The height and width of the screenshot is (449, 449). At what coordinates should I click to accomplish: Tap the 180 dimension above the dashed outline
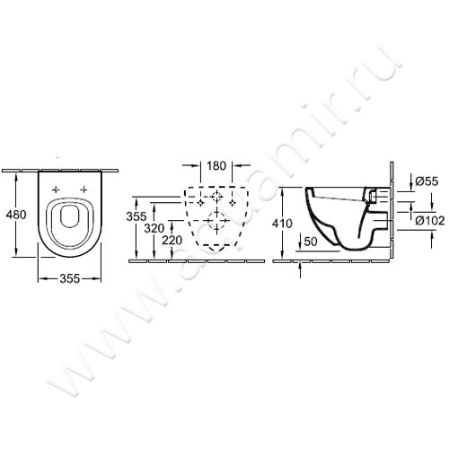click(x=213, y=165)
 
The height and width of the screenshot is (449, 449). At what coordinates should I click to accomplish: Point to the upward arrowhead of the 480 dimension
click(x=20, y=177)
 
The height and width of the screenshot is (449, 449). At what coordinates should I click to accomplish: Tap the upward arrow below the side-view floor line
click(x=299, y=267)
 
